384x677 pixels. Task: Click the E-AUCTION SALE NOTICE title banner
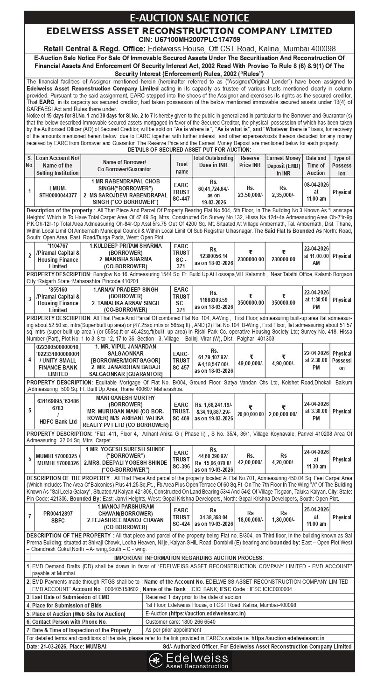[192, 18]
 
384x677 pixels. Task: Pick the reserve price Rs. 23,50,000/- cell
[250, 191]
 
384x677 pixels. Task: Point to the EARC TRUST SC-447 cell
[182, 191]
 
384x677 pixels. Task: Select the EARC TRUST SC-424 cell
[182, 517]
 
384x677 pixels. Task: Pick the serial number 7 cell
[29, 516]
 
